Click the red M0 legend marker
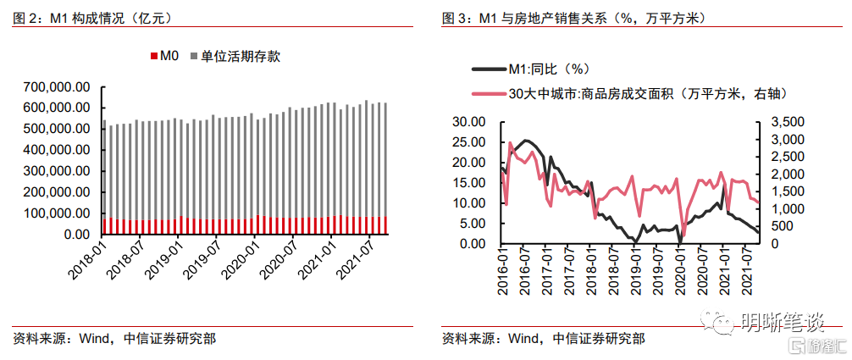click(153, 57)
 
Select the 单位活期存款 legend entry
click(241, 57)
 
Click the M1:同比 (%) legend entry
click(546, 69)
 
